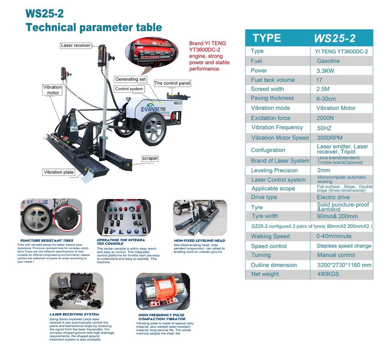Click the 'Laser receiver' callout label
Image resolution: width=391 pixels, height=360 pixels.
point(76,45)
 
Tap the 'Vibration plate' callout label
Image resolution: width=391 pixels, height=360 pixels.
point(59,172)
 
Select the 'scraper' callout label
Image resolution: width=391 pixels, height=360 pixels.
point(150,158)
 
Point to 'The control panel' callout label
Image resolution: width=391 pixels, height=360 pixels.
point(172,83)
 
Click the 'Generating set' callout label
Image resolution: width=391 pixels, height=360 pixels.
point(131,79)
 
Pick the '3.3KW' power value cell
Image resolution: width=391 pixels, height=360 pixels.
point(325,71)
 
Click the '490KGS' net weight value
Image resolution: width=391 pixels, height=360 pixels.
point(328,274)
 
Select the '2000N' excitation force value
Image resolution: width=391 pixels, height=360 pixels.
point(325,118)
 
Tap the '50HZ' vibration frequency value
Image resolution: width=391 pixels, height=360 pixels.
point(324,128)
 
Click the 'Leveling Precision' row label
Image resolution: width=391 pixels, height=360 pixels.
point(274,170)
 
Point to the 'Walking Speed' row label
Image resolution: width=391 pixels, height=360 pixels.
point(270,236)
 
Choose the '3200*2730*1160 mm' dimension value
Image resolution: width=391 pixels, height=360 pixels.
point(344,265)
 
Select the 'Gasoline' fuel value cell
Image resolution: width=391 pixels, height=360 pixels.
point(328,61)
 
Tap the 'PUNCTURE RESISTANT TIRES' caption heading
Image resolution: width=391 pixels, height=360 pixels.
point(47,240)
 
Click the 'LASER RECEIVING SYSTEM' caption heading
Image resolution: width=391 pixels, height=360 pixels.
point(74,314)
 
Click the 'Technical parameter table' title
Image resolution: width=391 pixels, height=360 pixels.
point(93,27)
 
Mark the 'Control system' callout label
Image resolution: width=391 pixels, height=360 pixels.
point(129,89)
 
